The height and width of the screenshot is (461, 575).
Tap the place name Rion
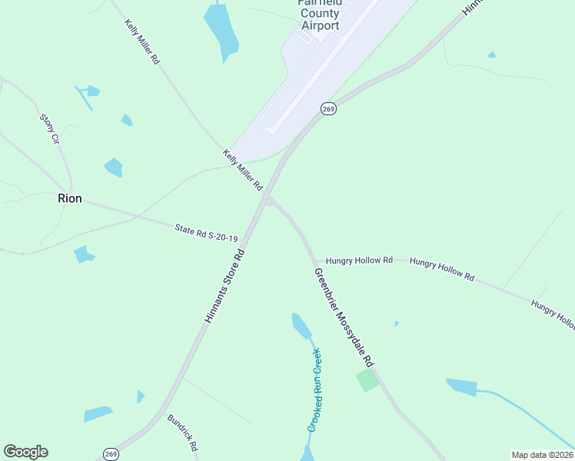coord(69,197)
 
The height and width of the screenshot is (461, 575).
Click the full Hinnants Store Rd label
coord(224,287)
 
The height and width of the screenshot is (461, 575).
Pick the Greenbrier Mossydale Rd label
coord(344,317)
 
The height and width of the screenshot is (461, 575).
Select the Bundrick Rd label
coord(183,433)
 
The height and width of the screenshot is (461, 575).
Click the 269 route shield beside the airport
coord(329,108)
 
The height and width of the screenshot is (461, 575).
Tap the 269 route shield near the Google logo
coord(111,453)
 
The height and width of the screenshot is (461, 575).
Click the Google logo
coord(25,452)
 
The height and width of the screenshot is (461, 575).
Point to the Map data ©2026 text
coord(543,454)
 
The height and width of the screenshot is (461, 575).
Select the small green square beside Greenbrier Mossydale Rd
coord(367,380)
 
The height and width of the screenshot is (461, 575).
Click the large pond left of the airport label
coord(221,31)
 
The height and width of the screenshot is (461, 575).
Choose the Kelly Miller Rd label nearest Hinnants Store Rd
coord(244,170)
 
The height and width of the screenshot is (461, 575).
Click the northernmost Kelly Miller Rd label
coord(142,41)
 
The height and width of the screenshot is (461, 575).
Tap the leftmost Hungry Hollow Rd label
coord(359,260)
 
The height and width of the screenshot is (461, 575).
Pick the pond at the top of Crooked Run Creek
coord(301,326)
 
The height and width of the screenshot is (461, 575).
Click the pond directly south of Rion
coord(84,254)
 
